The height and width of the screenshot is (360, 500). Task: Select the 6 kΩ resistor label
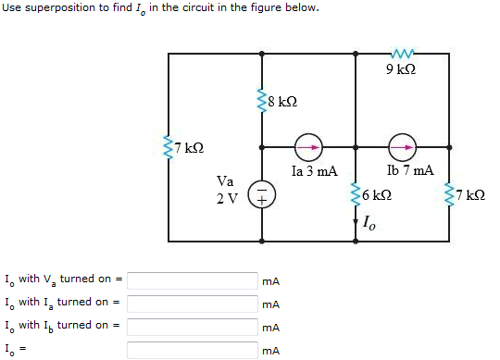point(377,196)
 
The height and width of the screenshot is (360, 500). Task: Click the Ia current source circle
point(307,147)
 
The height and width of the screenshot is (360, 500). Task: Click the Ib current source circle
point(402,147)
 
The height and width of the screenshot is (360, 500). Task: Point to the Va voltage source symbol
point(262,196)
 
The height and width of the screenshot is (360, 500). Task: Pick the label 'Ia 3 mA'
point(314,171)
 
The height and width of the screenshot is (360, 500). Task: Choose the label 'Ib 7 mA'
point(409,171)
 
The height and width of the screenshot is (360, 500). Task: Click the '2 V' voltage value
point(226,197)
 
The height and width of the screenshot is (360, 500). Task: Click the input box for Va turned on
point(192,279)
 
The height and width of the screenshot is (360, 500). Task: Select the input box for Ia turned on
point(192,303)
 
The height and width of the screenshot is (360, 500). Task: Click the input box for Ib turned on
point(192,326)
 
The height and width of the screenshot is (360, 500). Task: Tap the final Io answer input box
point(192,350)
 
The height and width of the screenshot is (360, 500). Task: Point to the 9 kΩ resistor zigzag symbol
point(401,54)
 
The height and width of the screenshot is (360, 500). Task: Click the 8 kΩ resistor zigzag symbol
point(263,99)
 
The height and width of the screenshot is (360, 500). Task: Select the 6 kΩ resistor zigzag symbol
point(356,196)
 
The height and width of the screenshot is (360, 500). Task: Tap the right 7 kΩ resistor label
point(470,196)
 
